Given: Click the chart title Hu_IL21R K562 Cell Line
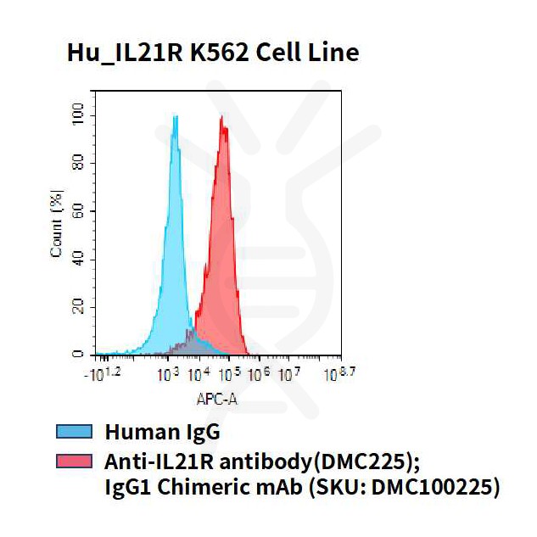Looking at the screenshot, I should pos(213,53).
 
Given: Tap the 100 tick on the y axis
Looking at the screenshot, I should pos(78,115).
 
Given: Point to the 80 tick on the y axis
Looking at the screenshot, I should pos(78,163).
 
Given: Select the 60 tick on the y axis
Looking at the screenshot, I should pos(78,210).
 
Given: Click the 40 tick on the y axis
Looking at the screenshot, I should pos(78,258).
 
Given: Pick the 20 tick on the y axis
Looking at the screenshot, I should pos(78,305).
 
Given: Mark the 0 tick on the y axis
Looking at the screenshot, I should pos(78,353).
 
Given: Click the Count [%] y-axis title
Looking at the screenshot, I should pos(57,226).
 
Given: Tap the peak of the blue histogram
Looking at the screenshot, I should pos(175,117).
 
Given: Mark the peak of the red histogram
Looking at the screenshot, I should pos(222,117).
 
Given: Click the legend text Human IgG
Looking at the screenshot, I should pos(162,432).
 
